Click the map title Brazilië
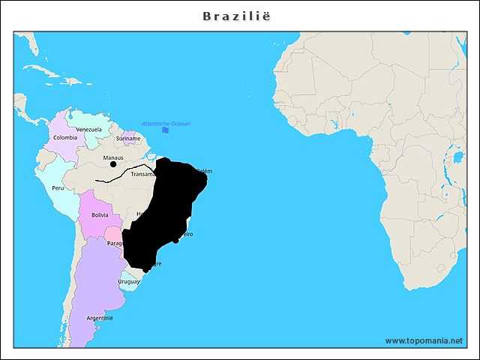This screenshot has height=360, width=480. (240, 15)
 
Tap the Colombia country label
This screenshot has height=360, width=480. (65, 137)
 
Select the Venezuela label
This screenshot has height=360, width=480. (88, 129)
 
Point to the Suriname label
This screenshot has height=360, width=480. (128, 138)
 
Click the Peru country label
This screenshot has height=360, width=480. (58, 187)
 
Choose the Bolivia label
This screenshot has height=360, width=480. (100, 214)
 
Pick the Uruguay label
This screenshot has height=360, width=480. (128, 281)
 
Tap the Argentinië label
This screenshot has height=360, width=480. (100, 318)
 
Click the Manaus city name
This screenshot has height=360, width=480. (112, 157)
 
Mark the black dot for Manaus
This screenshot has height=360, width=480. (113, 164)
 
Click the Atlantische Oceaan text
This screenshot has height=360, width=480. (166, 123)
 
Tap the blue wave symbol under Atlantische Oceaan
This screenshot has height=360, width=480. (165, 130)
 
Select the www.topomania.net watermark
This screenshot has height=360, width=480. (424, 340)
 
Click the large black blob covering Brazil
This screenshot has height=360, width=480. (169, 210)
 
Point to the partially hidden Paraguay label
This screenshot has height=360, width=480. (114, 243)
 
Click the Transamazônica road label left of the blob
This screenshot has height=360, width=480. (142, 174)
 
